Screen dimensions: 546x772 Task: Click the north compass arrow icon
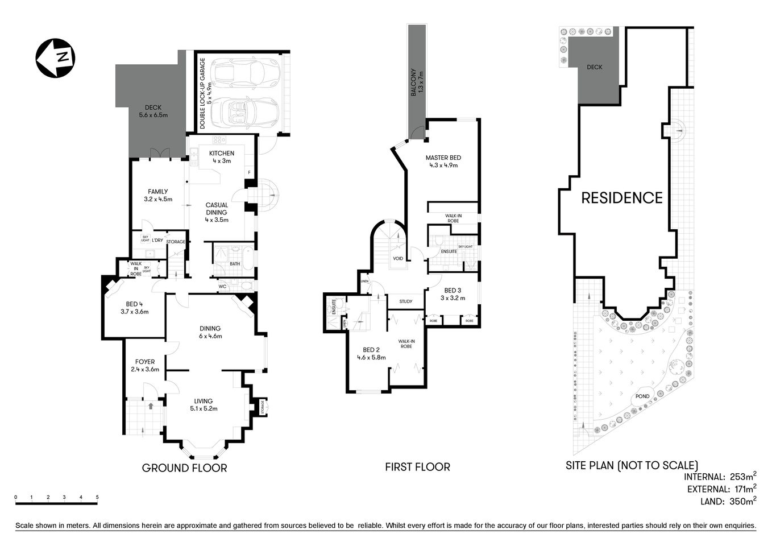point(56,57)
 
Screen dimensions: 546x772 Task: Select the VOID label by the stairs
point(398,259)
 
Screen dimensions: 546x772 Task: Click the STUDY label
point(405,301)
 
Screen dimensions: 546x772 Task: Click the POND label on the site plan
point(642,396)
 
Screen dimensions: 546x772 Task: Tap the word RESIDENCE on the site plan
point(621,198)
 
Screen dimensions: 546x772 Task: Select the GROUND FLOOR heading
point(184,468)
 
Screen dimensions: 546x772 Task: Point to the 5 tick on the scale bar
point(97,498)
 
